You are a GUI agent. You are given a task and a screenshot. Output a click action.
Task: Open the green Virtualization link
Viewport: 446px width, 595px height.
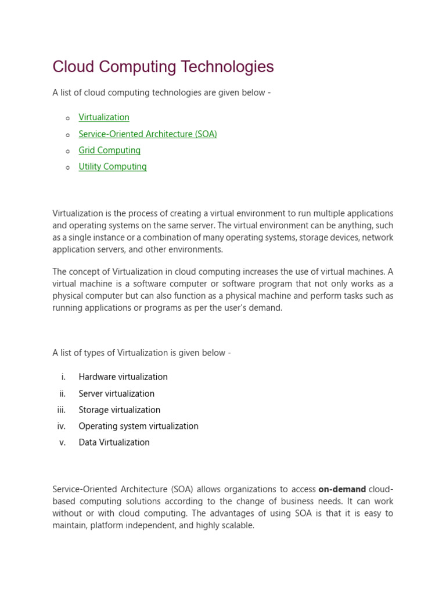[x=104, y=117]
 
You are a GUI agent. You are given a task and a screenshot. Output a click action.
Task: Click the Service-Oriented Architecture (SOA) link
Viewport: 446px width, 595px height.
[x=148, y=134]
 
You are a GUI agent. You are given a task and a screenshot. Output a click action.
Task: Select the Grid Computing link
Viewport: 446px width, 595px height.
[x=109, y=150]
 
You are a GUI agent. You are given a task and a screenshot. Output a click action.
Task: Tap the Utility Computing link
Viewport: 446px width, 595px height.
[x=113, y=167]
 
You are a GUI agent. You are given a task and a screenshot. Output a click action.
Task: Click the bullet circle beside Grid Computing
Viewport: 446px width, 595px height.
[x=68, y=151]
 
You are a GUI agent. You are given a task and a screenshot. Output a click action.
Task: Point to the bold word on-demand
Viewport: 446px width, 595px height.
[x=342, y=489]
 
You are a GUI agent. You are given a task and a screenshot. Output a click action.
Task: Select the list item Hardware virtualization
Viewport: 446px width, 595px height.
[x=123, y=377]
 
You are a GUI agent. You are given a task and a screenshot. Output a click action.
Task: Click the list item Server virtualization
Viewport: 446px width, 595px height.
[x=116, y=393]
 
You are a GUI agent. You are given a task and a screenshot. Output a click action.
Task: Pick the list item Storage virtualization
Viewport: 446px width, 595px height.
[x=119, y=410]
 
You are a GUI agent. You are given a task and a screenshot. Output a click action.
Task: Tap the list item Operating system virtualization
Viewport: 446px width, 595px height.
[x=138, y=426]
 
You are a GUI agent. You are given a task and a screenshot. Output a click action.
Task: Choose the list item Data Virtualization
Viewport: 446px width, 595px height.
[x=114, y=442]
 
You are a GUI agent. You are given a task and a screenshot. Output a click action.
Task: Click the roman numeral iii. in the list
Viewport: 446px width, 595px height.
[x=61, y=410]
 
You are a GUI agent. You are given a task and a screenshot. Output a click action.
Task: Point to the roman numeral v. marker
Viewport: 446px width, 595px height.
[x=63, y=442]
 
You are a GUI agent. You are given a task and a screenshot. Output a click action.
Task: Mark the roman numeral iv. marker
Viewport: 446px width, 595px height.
[x=62, y=426]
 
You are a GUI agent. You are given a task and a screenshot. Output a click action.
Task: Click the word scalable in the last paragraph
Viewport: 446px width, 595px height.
[x=236, y=526]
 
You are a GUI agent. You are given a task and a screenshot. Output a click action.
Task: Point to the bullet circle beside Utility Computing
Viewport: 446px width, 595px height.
[x=68, y=167]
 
